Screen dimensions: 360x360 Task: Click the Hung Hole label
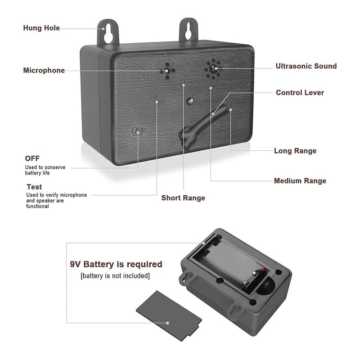[x=41, y=28]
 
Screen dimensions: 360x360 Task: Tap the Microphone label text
[x=44, y=70]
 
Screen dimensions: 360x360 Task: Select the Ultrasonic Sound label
[x=306, y=66]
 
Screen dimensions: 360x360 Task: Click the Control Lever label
[x=300, y=93]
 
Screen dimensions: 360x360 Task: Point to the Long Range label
[x=295, y=151]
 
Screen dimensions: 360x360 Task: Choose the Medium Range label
[x=300, y=181]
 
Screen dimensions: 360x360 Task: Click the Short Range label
[x=183, y=198]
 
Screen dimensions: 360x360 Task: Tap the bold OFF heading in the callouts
[x=32, y=158]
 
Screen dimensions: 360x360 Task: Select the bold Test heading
[x=34, y=187]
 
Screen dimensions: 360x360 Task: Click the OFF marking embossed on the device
[x=139, y=131]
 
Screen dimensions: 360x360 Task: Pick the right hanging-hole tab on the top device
[x=189, y=30]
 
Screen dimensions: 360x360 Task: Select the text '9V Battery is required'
[x=116, y=264]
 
